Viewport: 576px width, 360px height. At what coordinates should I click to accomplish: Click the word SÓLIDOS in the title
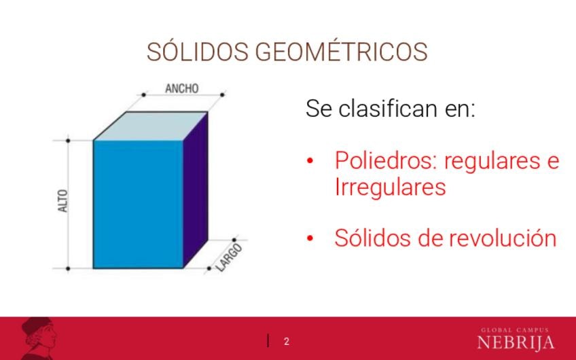[x=197, y=51]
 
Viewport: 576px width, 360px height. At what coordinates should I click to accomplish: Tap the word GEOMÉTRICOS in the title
[x=341, y=51]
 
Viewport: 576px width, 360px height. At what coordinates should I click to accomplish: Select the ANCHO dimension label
[x=182, y=88]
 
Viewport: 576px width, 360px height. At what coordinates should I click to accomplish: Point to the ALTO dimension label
[x=63, y=200]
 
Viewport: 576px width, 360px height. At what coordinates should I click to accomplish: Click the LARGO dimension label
[x=229, y=257]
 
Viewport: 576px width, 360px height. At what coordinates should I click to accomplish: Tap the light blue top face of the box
[x=151, y=126]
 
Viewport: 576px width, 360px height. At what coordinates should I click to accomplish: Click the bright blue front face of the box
[x=138, y=204]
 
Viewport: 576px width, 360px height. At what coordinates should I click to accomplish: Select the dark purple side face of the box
[x=196, y=190]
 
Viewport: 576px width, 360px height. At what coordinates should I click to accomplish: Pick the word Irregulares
[x=390, y=187]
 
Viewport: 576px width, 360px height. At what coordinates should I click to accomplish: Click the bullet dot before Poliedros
[x=310, y=160]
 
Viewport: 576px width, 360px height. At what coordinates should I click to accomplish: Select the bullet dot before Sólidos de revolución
[x=310, y=238]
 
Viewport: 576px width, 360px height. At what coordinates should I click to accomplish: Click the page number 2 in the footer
[x=287, y=342]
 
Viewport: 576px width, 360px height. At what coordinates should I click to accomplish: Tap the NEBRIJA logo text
[x=516, y=342]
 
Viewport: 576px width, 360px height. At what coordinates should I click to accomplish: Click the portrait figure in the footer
[x=39, y=338]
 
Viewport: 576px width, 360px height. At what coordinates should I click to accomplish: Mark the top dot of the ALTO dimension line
[x=68, y=141]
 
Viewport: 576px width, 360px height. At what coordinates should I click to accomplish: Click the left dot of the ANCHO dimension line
[x=143, y=95]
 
